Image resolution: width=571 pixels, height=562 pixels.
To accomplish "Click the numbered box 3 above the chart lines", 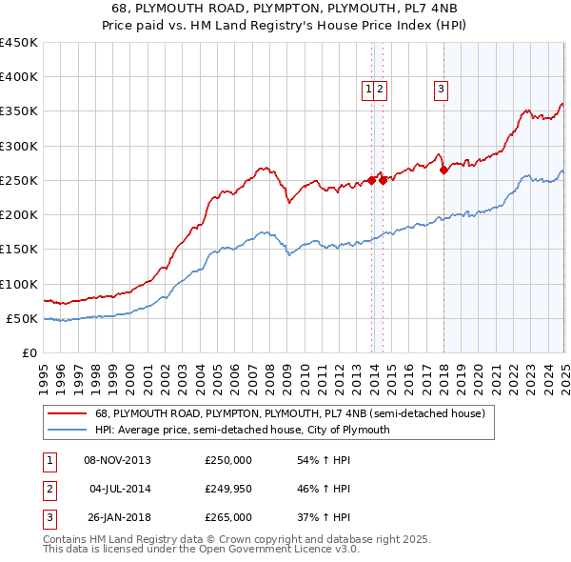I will (442, 90).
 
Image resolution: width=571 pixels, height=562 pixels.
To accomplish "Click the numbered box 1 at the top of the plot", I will (367, 90).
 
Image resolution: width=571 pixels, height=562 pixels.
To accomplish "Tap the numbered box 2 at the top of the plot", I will (380, 90).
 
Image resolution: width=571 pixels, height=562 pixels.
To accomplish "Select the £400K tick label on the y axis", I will (18, 77).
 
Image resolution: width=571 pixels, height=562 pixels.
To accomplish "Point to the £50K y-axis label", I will (22, 318).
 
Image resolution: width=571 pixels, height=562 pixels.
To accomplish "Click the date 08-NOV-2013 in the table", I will (118, 460).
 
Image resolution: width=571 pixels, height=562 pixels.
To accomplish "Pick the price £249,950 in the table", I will (228, 489).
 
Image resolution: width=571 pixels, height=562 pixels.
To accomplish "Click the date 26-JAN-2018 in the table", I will (118, 517).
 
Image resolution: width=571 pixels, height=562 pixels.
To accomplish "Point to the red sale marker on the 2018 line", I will (443, 171).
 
